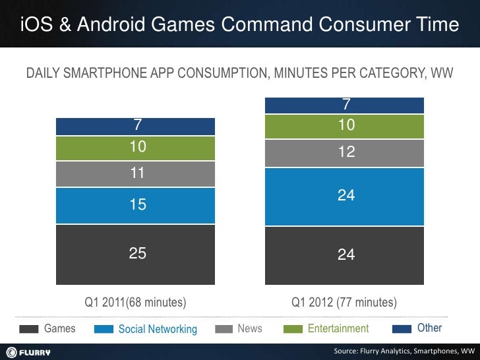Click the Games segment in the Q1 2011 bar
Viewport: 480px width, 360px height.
coord(136,254)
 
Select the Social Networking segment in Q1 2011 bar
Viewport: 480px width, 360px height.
coord(136,206)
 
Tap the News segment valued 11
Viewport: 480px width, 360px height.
coord(136,174)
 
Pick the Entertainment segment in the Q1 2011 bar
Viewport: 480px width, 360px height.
coord(136,148)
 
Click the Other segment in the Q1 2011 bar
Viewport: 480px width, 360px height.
coord(136,126)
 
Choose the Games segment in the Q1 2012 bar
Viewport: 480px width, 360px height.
coord(344,255)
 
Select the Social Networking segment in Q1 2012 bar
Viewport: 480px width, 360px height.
coord(344,196)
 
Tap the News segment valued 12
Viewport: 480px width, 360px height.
coord(344,153)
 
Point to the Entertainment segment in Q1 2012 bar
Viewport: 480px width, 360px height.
coord(344,127)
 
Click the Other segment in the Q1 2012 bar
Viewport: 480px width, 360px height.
coord(344,105)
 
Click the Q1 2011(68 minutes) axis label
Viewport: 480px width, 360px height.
coord(135,303)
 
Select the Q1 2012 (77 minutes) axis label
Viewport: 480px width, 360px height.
coord(344,303)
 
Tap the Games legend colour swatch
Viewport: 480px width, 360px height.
coord(28,329)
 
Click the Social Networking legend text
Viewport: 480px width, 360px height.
coord(158,329)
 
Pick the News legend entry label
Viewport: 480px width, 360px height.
coord(249,328)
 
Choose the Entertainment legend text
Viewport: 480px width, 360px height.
coord(338,328)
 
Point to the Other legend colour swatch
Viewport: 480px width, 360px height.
coord(402,329)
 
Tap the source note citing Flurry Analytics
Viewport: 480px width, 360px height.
coord(404,350)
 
